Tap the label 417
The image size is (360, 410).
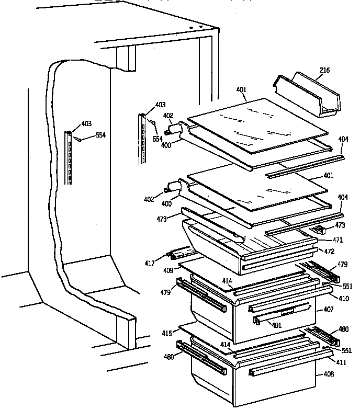tap(150, 264)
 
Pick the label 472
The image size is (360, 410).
tap(329, 252)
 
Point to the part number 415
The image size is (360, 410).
tap(167, 333)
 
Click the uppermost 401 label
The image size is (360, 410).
tap(241, 90)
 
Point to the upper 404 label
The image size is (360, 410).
tap(343, 140)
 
